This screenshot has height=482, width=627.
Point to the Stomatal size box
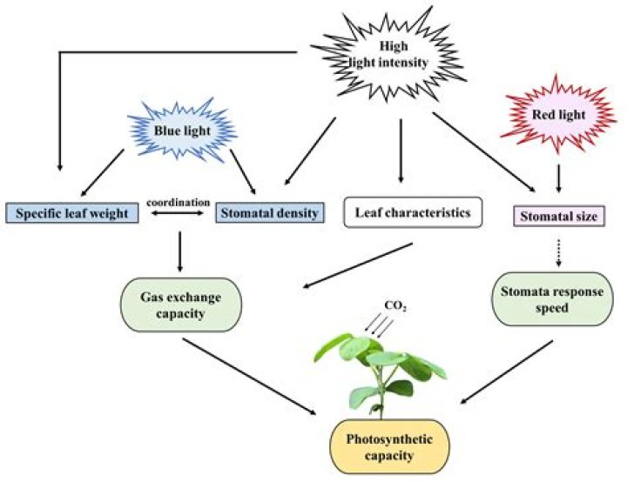point(558,215)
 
